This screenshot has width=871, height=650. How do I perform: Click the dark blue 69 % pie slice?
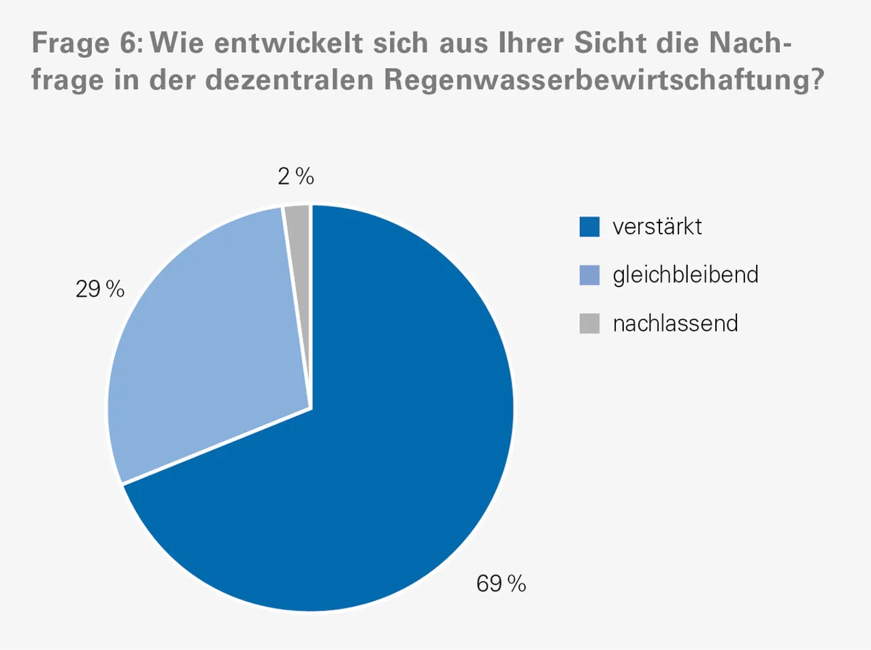point(381,442)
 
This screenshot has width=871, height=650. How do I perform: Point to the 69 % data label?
point(501,583)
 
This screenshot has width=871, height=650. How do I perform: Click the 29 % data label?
point(100,289)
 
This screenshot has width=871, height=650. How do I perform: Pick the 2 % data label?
point(295,177)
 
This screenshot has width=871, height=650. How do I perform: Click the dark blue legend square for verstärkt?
point(589,227)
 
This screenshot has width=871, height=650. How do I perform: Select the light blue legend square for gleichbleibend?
point(589,275)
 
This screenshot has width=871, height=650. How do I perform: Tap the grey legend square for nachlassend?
point(589,323)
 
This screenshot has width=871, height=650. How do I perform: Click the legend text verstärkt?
point(657,227)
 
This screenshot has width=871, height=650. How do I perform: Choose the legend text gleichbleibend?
point(685,275)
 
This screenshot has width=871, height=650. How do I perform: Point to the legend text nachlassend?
point(675,323)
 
